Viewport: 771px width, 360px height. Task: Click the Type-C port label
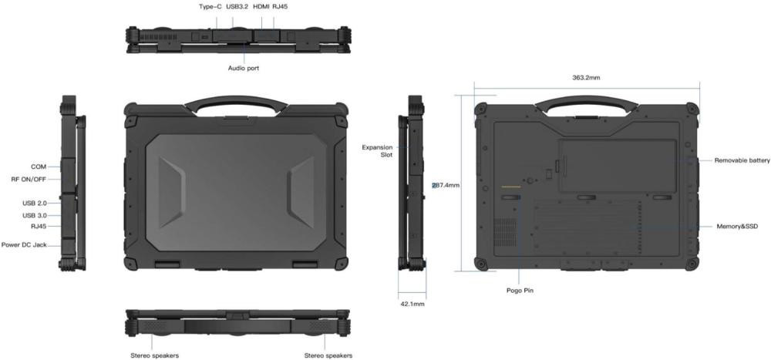click(210, 7)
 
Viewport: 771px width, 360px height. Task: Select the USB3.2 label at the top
click(237, 7)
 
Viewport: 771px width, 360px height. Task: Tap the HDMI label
click(261, 7)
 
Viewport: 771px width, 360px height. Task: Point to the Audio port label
click(244, 69)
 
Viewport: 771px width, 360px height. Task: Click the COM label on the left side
click(39, 167)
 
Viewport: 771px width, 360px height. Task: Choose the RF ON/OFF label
click(29, 180)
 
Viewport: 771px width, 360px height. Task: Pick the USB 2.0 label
click(35, 203)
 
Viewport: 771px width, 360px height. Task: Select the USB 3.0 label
click(35, 215)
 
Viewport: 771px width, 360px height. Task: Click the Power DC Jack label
click(24, 244)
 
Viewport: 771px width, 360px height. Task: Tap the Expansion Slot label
click(378, 151)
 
